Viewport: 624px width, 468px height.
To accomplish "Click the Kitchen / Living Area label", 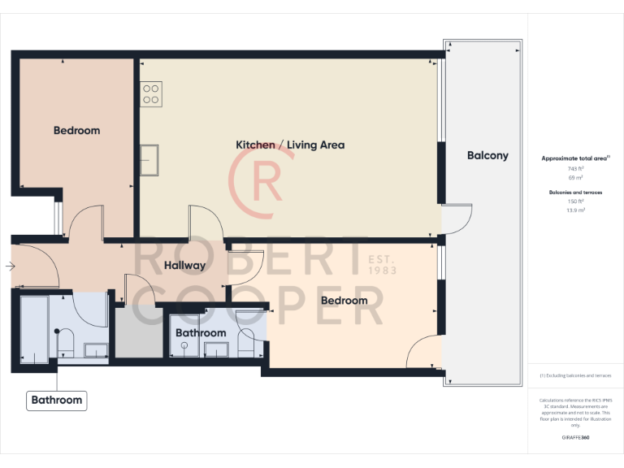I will pyautogui.click(x=290, y=145).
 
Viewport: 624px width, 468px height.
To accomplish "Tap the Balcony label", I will pyautogui.click(x=487, y=155).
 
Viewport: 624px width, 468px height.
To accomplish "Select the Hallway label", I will pyautogui.click(x=184, y=265).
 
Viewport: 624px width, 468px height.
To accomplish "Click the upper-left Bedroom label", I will pyautogui.click(x=77, y=130).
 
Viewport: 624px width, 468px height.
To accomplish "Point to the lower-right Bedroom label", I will pyautogui.click(x=344, y=301).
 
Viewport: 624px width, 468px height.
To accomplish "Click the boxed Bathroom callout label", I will pyautogui.click(x=56, y=400).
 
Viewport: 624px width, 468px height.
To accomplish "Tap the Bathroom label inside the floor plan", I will pyautogui.click(x=201, y=333).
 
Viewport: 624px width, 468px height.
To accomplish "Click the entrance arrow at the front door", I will pyautogui.click(x=9, y=266).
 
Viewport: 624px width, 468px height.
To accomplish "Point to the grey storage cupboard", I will pyautogui.click(x=138, y=331).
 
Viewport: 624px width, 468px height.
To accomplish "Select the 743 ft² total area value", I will pyautogui.click(x=575, y=168).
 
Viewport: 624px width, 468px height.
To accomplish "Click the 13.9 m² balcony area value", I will pyautogui.click(x=575, y=210).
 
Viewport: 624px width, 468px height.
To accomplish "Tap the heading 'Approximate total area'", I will pyautogui.click(x=575, y=158).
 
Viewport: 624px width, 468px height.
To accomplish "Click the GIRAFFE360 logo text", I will pyautogui.click(x=575, y=437).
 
